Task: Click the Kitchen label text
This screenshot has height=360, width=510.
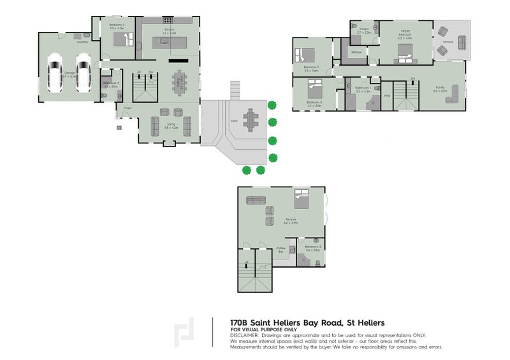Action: click(x=169, y=29)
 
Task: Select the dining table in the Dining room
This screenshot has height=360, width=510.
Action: click(x=180, y=81)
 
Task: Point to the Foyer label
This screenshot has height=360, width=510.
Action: click(x=128, y=108)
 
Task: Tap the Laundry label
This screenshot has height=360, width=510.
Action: click(x=82, y=42)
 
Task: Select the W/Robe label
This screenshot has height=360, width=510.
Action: click(x=356, y=52)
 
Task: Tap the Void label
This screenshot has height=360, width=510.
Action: click(x=386, y=96)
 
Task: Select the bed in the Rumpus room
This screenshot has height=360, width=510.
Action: click(x=302, y=200)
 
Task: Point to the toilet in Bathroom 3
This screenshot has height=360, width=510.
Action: click(x=316, y=241)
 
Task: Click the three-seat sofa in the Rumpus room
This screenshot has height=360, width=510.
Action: click(x=256, y=200)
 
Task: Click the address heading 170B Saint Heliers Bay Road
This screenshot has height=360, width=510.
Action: click(x=307, y=322)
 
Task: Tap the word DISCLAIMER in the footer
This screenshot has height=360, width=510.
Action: click(x=245, y=335)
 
